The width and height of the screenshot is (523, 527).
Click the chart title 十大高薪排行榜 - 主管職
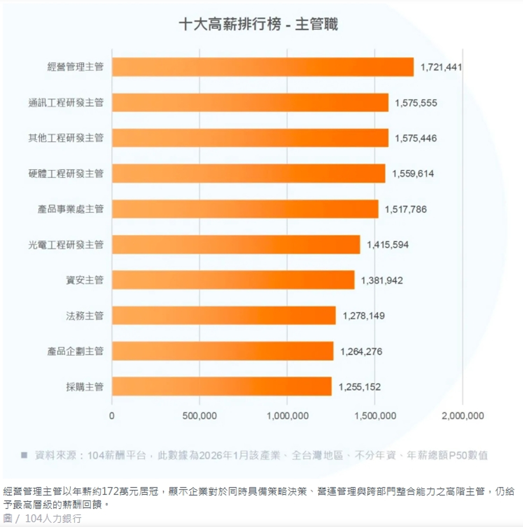[x=258, y=24]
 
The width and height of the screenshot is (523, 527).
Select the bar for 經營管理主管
[x=263, y=67]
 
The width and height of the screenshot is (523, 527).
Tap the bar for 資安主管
[x=233, y=280]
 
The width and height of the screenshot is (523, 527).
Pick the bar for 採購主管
[x=222, y=386]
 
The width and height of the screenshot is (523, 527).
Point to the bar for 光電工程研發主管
[x=236, y=244]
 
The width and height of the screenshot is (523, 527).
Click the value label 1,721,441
[x=441, y=67]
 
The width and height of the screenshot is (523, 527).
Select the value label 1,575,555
[x=416, y=103]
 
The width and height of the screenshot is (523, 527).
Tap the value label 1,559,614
[x=413, y=174]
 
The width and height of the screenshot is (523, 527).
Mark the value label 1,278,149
[x=364, y=316]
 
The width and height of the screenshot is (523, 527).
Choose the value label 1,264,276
[x=361, y=352]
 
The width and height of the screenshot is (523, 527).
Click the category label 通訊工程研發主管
[x=66, y=103]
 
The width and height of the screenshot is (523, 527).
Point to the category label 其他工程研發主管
[x=66, y=138]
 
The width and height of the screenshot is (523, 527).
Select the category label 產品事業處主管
[x=70, y=209]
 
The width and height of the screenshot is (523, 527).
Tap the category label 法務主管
[x=85, y=315]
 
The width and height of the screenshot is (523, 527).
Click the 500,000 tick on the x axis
[x=200, y=416]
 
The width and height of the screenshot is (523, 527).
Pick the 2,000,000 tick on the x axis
[x=463, y=416]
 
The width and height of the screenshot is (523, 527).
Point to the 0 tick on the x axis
[x=112, y=416]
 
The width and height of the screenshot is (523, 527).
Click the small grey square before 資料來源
[x=24, y=455]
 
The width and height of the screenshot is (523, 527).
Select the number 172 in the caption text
[x=111, y=491]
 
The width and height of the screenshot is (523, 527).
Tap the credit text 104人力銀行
[x=53, y=519]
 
